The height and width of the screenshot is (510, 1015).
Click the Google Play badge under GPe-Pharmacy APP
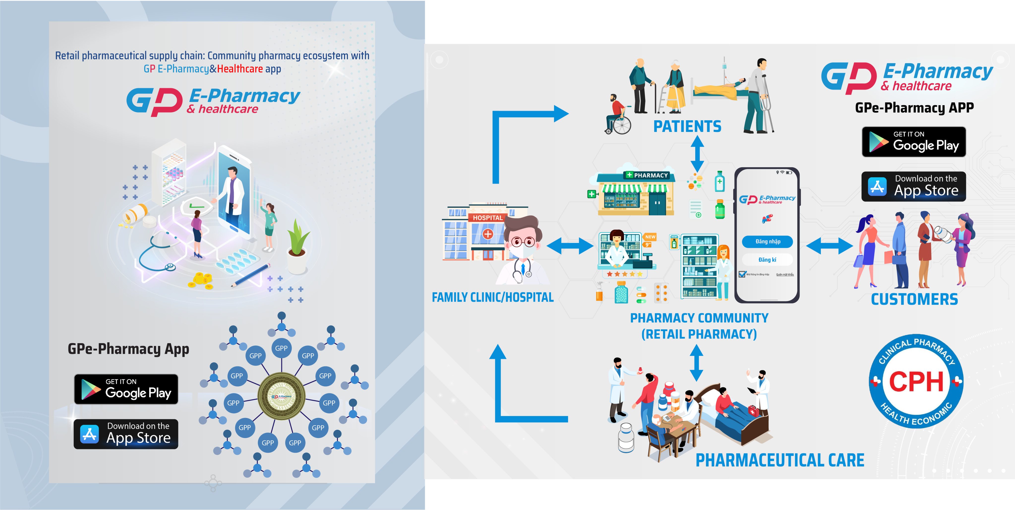click(914, 142)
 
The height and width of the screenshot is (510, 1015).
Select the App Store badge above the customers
click(914, 187)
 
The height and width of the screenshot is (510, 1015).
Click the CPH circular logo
click(916, 381)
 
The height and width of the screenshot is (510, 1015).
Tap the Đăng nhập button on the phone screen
click(767, 241)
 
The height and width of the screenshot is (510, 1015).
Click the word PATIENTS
click(687, 126)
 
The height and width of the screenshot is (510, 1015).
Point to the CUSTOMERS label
click(914, 299)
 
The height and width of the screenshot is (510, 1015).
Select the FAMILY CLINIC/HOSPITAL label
click(493, 297)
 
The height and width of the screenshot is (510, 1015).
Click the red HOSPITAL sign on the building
click(487, 218)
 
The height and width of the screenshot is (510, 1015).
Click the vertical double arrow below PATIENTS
click(697, 153)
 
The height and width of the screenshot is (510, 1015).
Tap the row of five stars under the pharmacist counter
click(625, 274)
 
